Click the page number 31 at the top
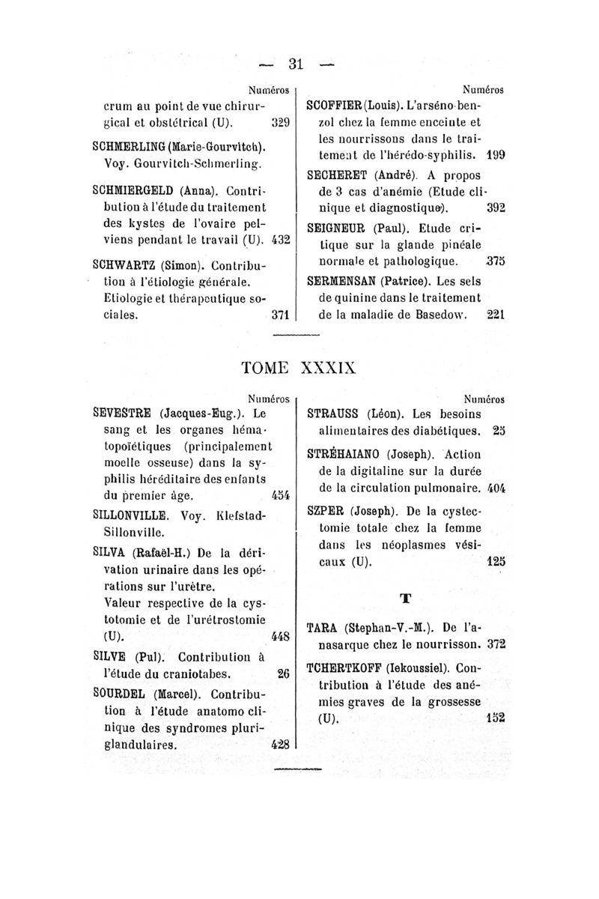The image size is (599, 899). (x=299, y=64)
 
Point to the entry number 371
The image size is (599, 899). (x=280, y=316)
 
